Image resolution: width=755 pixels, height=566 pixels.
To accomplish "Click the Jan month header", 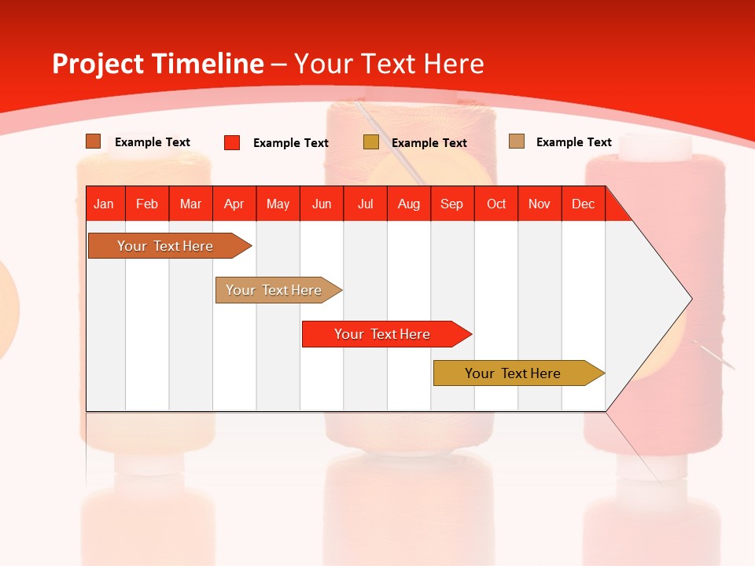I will (x=104, y=204).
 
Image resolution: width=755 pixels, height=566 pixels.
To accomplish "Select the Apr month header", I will (x=234, y=204).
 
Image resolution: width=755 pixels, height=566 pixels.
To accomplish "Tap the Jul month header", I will (x=365, y=204).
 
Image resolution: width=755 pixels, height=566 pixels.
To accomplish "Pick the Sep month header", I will (x=451, y=204).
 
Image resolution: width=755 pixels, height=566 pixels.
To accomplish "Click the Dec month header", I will (x=583, y=204).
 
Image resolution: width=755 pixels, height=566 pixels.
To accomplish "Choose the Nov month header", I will (x=539, y=204).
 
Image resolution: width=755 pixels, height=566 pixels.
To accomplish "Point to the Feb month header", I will (x=147, y=204).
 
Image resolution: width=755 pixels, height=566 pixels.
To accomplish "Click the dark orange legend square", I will (x=93, y=141).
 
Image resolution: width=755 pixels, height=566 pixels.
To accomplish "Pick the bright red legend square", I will (x=232, y=142).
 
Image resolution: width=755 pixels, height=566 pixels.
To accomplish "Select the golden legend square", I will (x=371, y=142).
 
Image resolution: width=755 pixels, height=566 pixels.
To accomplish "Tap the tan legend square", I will (x=517, y=141).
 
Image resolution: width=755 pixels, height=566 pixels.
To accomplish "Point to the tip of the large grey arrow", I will (x=691, y=299).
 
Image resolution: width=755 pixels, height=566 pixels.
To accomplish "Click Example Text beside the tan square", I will (x=573, y=142).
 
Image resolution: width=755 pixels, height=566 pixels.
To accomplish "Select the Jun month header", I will (x=322, y=204).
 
